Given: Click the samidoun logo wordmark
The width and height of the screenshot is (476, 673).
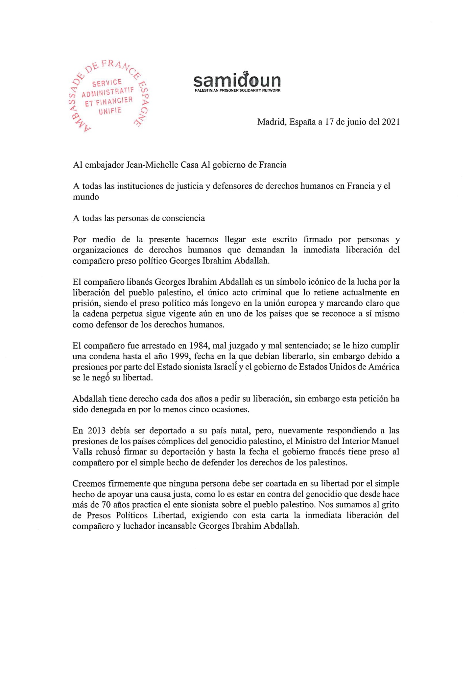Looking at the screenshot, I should tap(237, 80).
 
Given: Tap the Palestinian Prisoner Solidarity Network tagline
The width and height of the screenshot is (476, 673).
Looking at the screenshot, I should tap(237, 90).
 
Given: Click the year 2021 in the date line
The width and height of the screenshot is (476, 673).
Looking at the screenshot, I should tap(391, 122).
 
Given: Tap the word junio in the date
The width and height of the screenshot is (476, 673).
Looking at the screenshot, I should tap(355, 122).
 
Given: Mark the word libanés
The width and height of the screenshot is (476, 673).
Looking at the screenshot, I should tap(139, 282).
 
